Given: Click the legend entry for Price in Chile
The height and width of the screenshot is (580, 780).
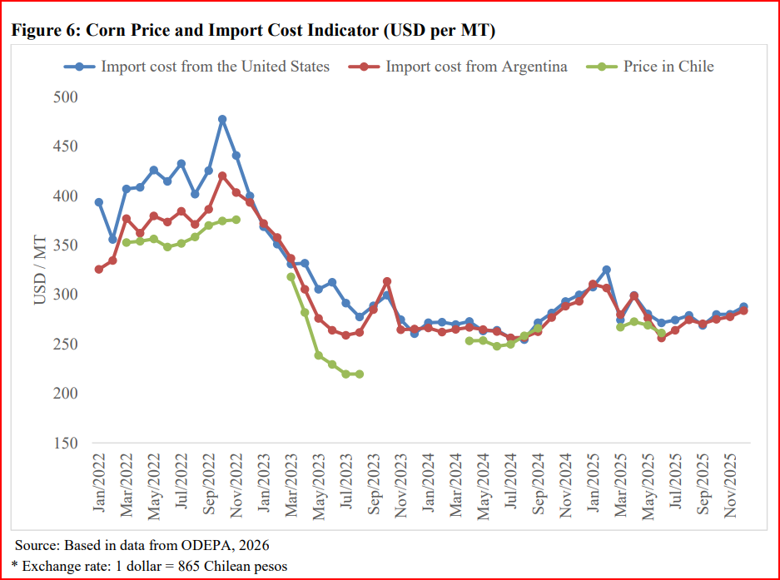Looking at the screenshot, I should click(668, 67).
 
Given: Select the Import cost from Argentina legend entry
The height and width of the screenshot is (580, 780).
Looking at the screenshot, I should click(475, 67).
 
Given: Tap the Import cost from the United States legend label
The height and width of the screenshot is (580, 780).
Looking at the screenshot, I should click(215, 67).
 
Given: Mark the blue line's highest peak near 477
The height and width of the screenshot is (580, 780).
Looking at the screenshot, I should click(222, 119).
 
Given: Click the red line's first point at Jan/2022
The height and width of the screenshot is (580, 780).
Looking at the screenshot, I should click(99, 270).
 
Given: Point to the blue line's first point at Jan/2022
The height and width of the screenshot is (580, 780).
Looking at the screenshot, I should click(99, 202).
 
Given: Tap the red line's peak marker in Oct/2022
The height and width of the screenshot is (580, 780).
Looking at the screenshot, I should click(222, 176).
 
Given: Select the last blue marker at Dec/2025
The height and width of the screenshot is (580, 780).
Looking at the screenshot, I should click(743, 307).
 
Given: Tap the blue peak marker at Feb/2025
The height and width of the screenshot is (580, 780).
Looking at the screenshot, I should click(606, 270).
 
